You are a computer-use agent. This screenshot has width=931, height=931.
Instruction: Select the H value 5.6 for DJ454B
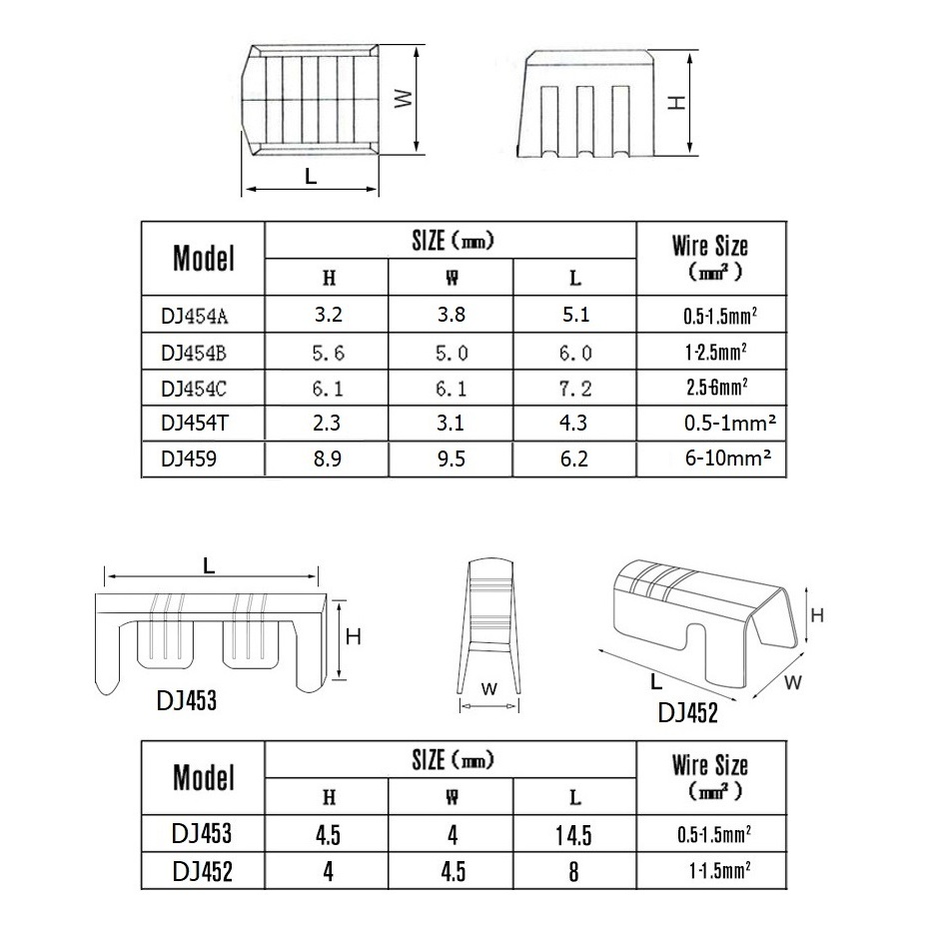pos(329,354)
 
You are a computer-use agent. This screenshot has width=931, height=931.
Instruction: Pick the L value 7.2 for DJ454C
pos(574,389)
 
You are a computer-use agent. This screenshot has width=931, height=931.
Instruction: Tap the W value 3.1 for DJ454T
pos(451,424)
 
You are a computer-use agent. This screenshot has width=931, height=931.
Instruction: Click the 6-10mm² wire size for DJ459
pos(728,458)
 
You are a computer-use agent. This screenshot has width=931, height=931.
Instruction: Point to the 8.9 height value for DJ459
pos(328,459)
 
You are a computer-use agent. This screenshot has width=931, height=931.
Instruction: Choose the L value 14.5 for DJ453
pos(573,835)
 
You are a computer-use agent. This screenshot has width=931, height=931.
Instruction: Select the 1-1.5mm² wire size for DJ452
pos(719,870)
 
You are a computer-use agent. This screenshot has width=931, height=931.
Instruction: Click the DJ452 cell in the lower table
pos(203,872)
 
